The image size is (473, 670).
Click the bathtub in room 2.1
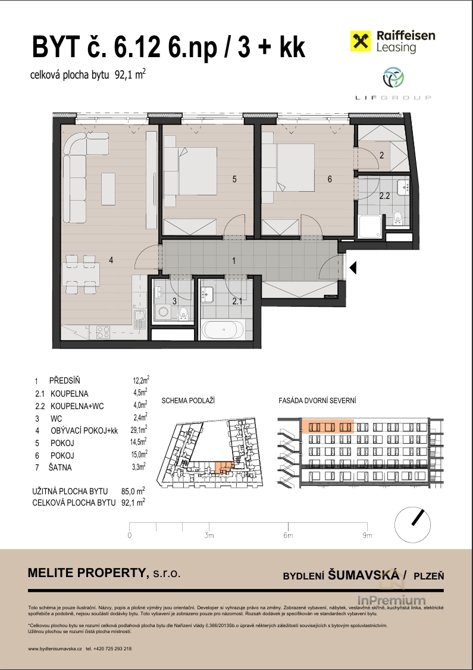point(223,329)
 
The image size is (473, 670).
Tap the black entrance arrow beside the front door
point(353,268)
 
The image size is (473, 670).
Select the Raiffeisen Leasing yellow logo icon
point(361,42)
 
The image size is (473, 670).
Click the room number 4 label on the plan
point(111,260)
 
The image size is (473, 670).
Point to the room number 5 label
point(234,179)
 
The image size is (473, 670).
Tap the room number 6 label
point(330,179)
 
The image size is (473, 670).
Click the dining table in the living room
point(81,275)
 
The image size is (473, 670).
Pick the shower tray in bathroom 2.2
point(371,227)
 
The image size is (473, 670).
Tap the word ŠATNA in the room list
point(60,468)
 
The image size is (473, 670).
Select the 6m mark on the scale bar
point(288,535)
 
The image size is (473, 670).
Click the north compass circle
point(412,525)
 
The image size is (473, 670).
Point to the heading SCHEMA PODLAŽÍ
point(188,401)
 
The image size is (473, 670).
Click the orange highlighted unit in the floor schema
point(224,467)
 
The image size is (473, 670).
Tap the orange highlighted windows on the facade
point(328,426)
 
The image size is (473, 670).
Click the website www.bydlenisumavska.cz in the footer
point(55,648)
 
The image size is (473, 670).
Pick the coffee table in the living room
point(108,188)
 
